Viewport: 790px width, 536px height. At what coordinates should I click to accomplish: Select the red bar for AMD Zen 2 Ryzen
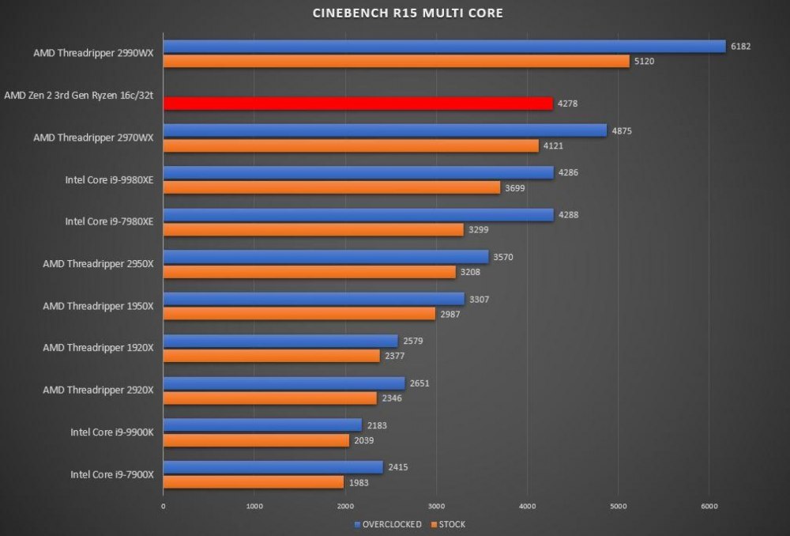pos(358,104)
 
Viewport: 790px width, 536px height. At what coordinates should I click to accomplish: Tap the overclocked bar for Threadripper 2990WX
pos(444,47)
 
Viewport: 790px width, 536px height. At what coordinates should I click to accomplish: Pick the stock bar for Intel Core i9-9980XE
pos(332,188)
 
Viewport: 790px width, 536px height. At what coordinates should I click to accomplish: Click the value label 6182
pos(740,47)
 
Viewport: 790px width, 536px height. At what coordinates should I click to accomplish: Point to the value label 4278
pos(567,104)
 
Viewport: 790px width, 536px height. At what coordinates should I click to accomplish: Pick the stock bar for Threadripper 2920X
pos(270,398)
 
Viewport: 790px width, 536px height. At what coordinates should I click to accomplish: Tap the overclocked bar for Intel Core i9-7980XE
pos(359,214)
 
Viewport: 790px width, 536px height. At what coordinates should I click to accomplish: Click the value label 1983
pos(359,482)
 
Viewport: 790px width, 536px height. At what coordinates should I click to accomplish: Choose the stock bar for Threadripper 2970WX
pos(351,145)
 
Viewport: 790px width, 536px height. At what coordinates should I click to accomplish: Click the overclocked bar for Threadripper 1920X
pos(280,341)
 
